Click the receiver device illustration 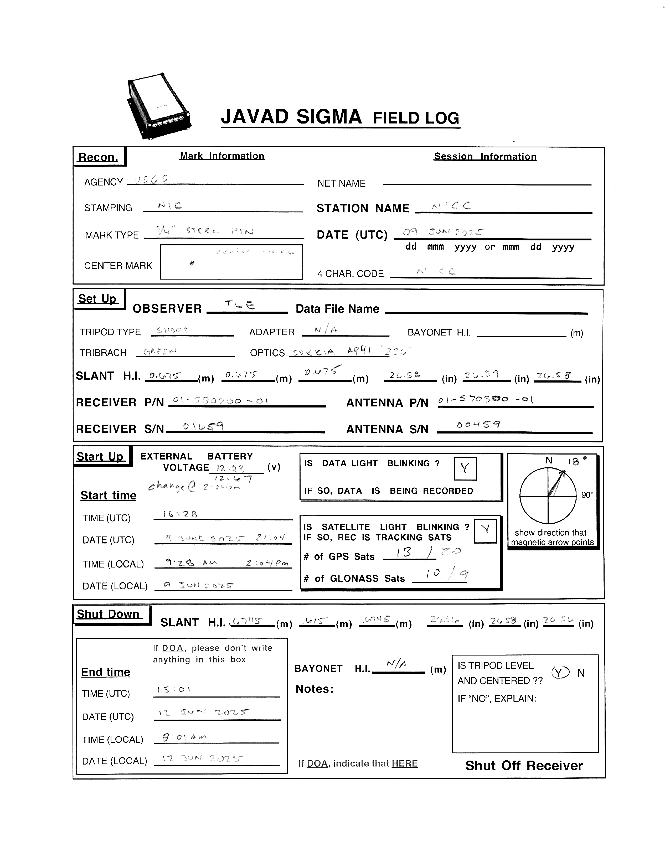pyautogui.click(x=159, y=106)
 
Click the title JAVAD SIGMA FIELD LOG pyautogui.click(x=340, y=117)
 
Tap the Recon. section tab pyautogui.click(x=99, y=157)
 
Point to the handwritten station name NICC pyautogui.click(x=451, y=206)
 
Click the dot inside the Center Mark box pyautogui.click(x=192, y=263)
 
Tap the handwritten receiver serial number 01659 pyautogui.click(x=203, y=427)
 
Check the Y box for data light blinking pyautogui.click(x=465, y=468)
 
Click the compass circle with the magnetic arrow pyautogui.click(x=548, y=496)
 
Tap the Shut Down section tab pyautogui.click(x=108, y=614)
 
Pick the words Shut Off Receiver pyautogui.click(x=524, y=765)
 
